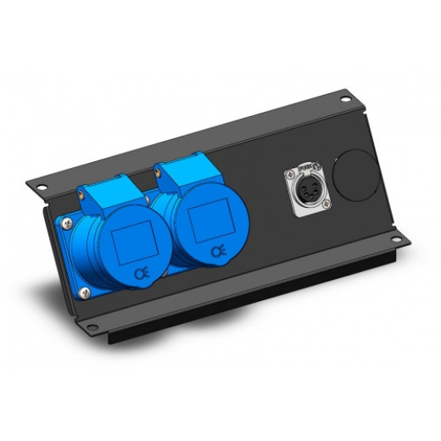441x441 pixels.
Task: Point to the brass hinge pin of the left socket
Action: tap(81, 196)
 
